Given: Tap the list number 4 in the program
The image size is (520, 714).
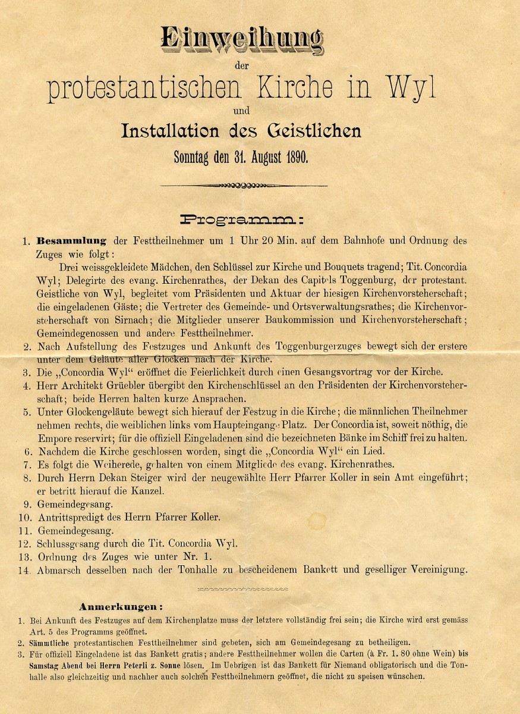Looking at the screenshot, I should [26, 386].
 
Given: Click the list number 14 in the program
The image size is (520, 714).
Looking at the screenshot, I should [24, 571].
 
